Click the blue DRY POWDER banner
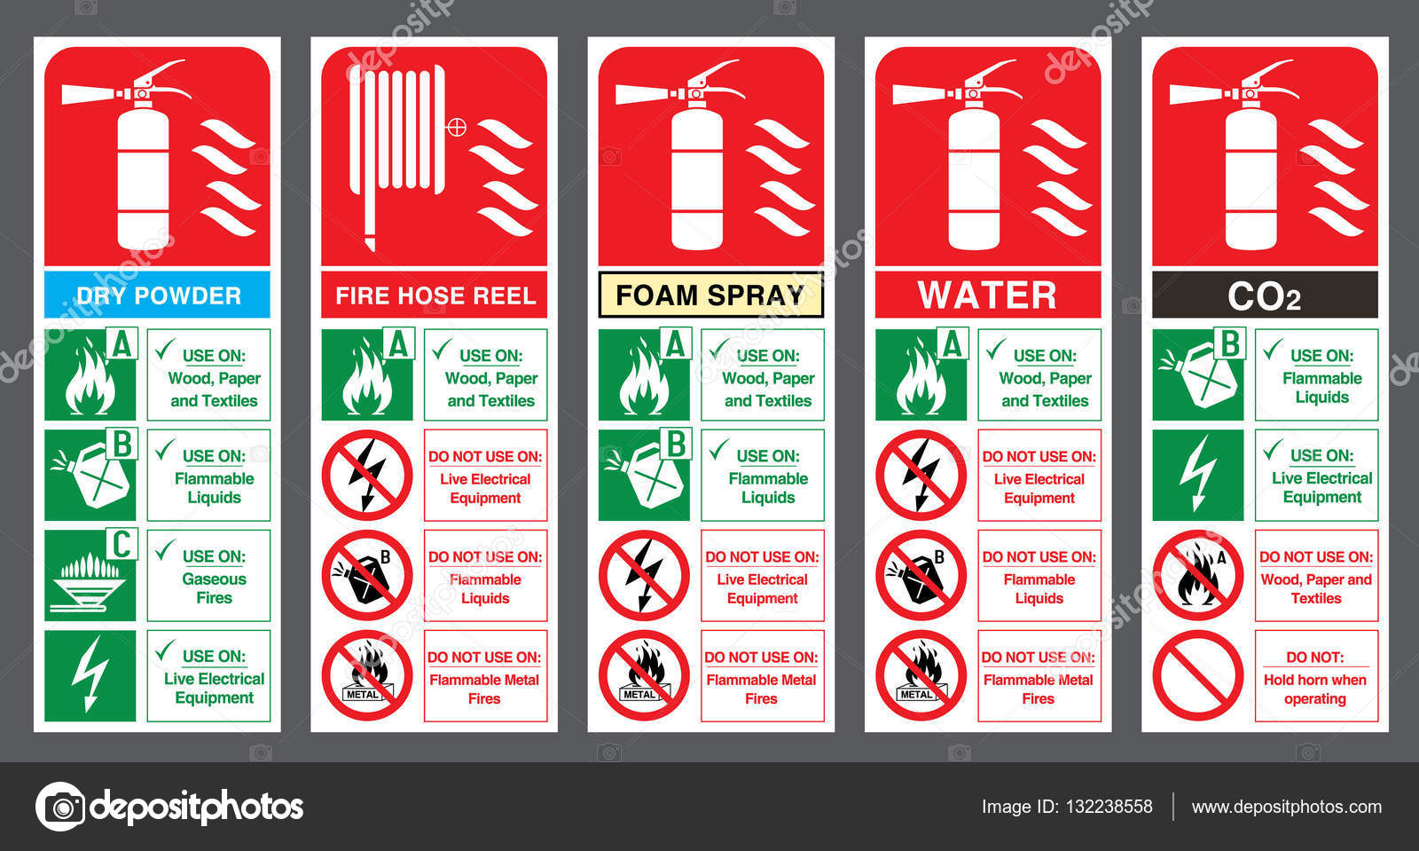(x=157, y=295)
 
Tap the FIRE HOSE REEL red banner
(x=434, y=295)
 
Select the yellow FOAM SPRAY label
(x=710, y=295)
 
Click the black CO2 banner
(x=1265, y=295)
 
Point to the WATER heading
(x=988, y=295)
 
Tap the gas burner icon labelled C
(x=90, y=575)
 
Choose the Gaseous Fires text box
(x=208, y=575)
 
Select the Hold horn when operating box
(x=1316, y=675)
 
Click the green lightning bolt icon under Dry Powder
(x=90, y=675)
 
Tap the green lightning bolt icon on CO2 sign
(x=1197, y=475)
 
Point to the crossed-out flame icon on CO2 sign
(x=1197, y=575)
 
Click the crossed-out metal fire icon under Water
(x=921, y=675)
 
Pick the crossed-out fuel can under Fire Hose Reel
(x=367, y=575)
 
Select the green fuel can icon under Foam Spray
(x=644, y=475)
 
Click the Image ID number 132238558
(x=1109, y=807)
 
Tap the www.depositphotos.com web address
(x=1287, y=807)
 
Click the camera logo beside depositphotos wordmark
(x=60, y=807)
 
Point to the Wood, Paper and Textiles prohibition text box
(x=1316, y=575)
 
